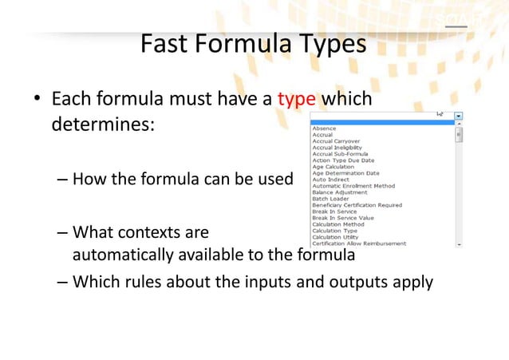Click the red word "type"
click(x=297, y=101)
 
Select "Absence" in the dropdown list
click(x=324, y=129)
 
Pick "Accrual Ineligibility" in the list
click(x=336, y=148)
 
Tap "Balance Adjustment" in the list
click(x=340, y=192)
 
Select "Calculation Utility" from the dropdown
click(x=334, y=237)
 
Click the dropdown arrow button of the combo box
click(x=458, y=115)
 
